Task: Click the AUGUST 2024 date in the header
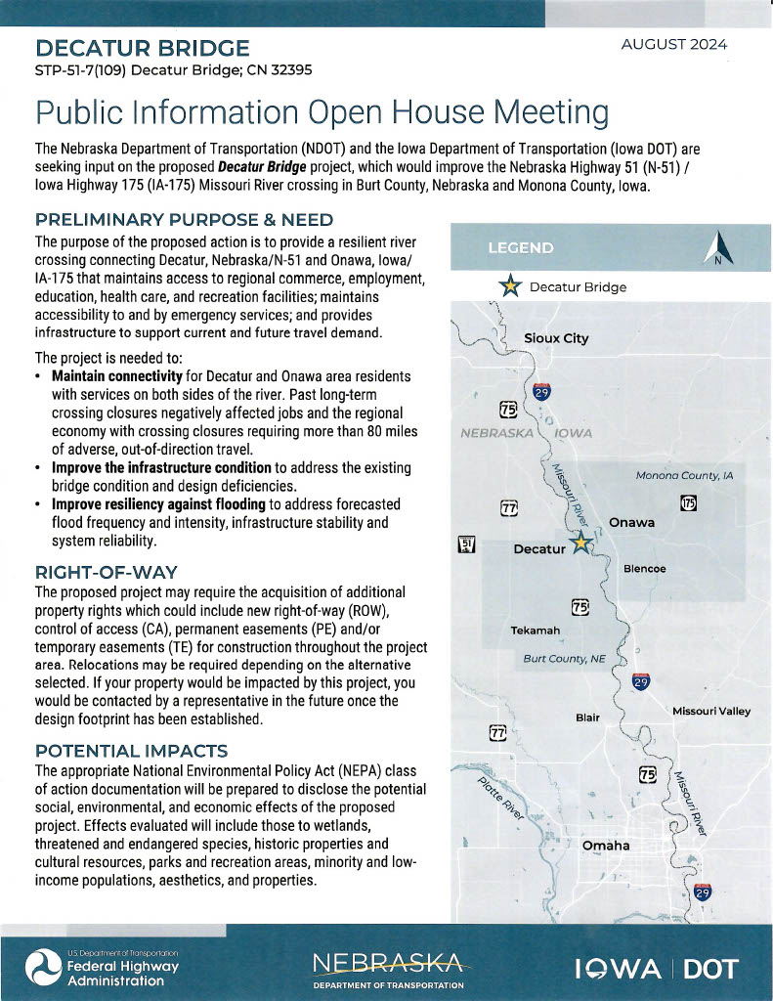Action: click(674, 45)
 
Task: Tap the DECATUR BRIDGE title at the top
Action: click(143, 48)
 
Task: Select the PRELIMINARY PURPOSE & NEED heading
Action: click(185, 219)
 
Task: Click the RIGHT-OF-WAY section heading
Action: click(106, 571)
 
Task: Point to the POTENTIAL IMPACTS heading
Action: click(131, 751)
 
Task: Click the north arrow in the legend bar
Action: click(717, 247)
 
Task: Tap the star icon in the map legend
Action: click(509, 287)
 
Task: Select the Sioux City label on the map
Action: click(556, 338)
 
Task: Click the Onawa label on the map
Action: click(631, 523)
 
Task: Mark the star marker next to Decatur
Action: click(580, 544)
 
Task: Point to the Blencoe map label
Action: click(645, 568)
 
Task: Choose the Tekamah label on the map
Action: click(536, 631)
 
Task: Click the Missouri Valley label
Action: click(711, 711)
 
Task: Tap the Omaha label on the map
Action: click(606, 845)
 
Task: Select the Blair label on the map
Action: click(587, 718)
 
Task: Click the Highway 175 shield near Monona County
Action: click(688, 502)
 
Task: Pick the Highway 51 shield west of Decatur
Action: click(466, 545)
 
